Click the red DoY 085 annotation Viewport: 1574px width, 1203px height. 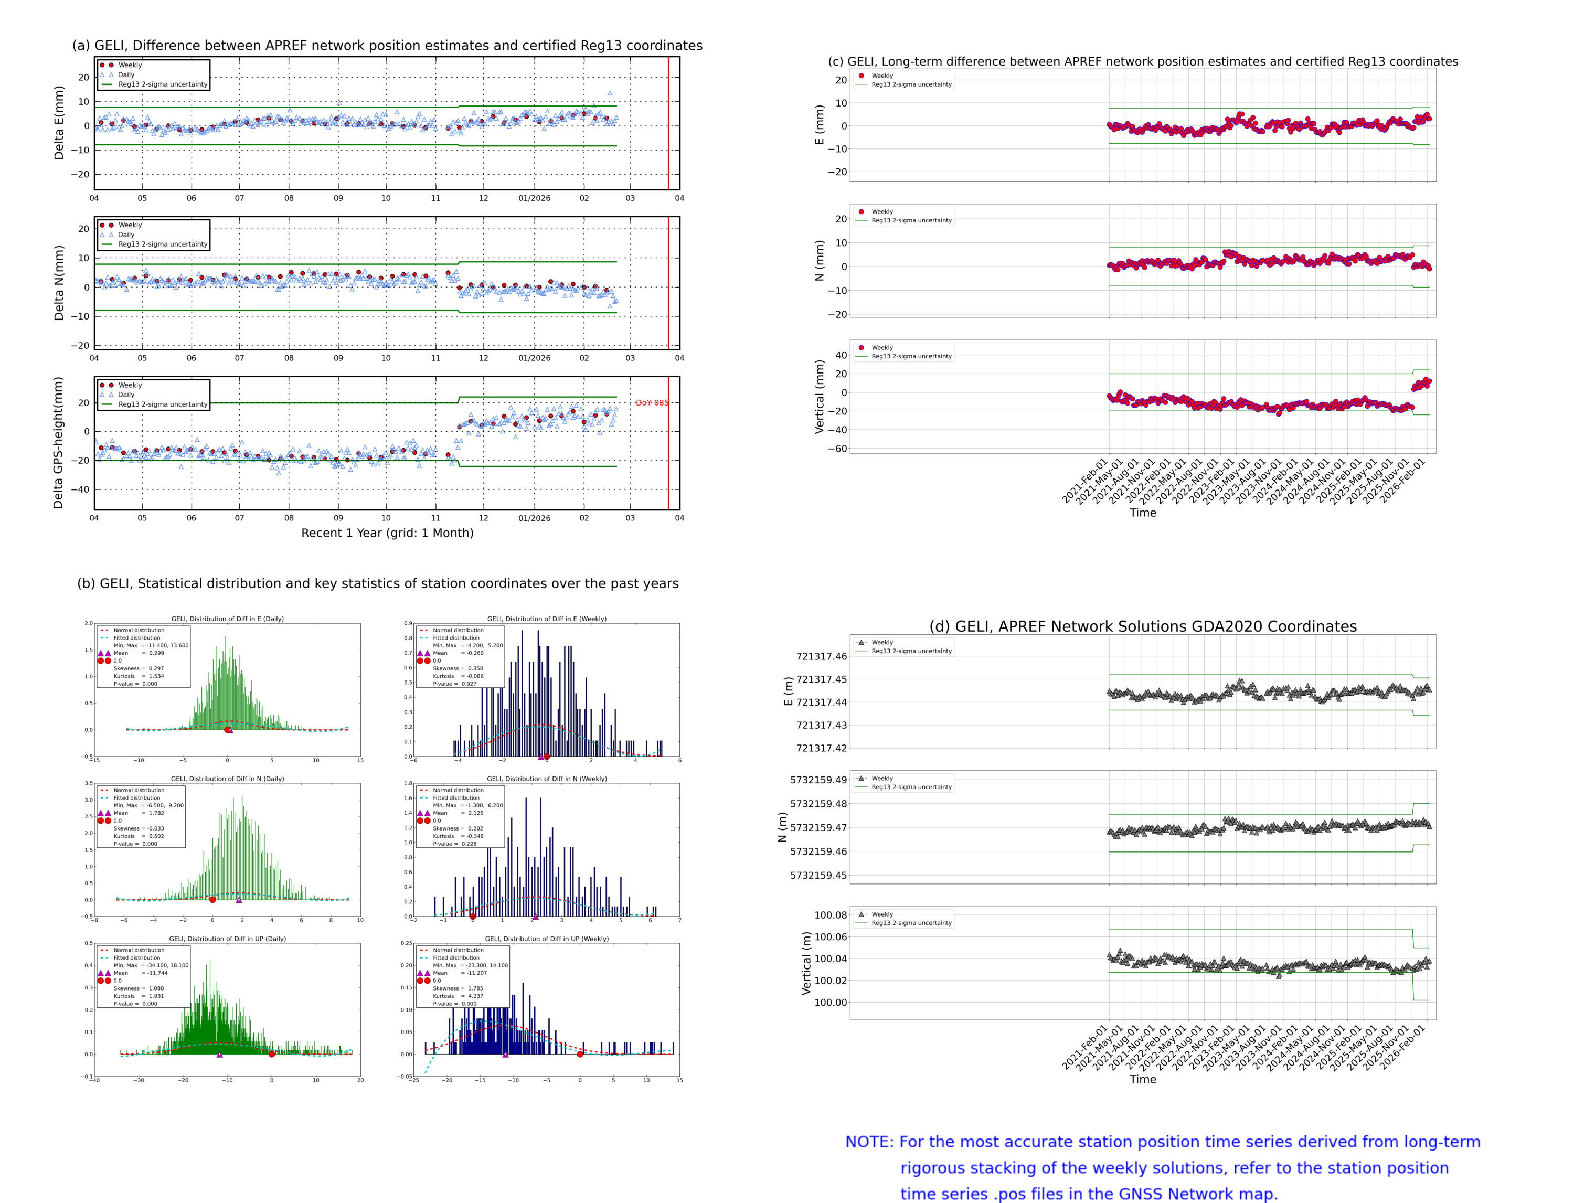651,403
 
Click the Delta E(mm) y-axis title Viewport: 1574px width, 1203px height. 59,123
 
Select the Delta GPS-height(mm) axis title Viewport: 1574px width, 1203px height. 59,442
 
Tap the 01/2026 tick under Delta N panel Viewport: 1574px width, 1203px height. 534,358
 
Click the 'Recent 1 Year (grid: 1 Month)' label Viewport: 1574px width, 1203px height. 387,533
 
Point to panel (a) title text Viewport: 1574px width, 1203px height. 387,46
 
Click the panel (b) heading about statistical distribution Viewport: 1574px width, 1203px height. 377,583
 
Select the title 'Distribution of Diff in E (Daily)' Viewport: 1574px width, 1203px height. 228,619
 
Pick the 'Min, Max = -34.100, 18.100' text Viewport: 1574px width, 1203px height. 151,965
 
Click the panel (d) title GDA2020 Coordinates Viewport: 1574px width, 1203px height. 1142,626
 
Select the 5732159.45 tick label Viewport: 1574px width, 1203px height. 818,876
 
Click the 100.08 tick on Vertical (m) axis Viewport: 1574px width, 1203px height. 830,915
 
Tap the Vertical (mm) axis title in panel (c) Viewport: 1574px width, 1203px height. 819,397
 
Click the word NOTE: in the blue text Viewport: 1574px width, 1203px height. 869,1142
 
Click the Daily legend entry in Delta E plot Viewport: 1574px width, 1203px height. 126,74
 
